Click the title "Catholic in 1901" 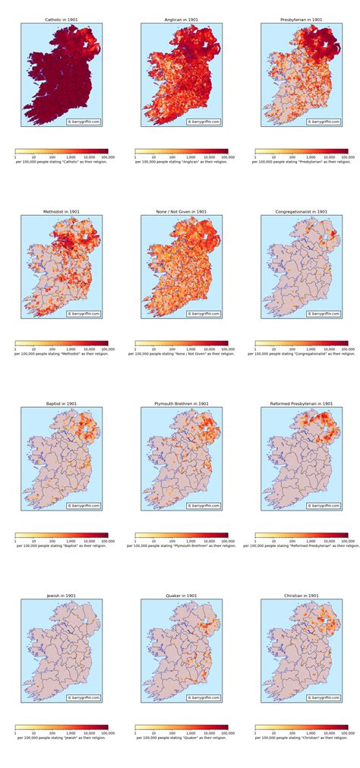[x=62, y=20]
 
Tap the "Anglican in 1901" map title [x=182, y=20]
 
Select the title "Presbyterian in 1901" [x=302, y=20]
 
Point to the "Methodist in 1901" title [x=62, y=212]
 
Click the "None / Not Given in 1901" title [x=182, y=212]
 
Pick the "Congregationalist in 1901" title [x=302, y=212]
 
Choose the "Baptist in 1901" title [x=62, y=404]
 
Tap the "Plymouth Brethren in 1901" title [x=182, y=404]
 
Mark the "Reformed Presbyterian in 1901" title [x=302, y=404]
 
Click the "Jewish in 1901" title [x=62, y=596]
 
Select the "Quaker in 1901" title [x=182, y=596]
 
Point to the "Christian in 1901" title [x=302, y=596]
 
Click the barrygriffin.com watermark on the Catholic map [x=84, y=122]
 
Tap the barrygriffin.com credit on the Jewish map [x=84, y=697]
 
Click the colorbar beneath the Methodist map [x=62, y=343]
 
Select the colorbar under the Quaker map [x=182, y=727]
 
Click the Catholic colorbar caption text [x=62, y=163]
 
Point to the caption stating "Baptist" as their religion [x=62, y=546]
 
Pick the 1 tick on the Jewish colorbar [x=15, y=733]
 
